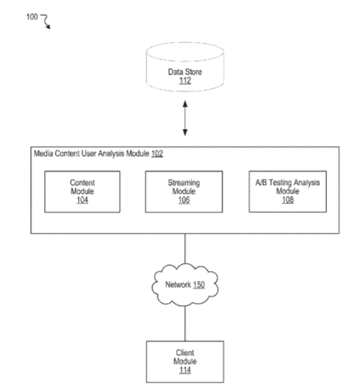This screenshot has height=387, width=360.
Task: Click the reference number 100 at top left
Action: pos(32,17)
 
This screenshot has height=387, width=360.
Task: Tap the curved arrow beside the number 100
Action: pos(46,21)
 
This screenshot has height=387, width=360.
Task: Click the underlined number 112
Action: pos(185,80)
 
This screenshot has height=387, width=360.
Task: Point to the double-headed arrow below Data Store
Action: pos(185,118)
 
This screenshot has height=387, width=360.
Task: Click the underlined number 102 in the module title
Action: pos(157,153)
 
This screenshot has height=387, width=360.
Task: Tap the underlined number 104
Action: pos(82,200)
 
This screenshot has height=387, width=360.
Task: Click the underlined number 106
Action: pos(184,200)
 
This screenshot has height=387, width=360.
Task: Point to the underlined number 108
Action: pos(288,200)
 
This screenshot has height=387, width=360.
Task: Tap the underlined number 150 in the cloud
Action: pos(199,285)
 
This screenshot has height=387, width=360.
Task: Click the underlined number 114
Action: pos(185,370)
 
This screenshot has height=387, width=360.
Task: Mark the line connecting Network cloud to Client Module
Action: pos(185,324)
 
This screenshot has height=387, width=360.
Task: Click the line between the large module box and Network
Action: pos(185,249)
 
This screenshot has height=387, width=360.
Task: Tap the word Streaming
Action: pos(184,183)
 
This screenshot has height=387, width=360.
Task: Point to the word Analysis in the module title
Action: pos(111,153)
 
